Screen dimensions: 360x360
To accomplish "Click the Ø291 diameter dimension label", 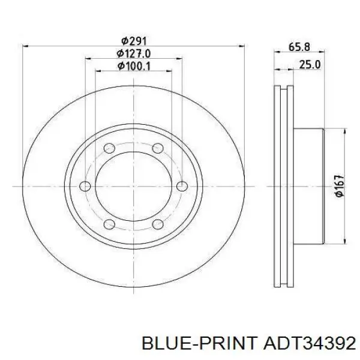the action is click(134, 41).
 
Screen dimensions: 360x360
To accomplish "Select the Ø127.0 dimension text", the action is click(133, 54).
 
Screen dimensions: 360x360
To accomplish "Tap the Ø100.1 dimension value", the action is click(134, 66).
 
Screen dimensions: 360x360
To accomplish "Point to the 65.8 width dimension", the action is click(299, 47).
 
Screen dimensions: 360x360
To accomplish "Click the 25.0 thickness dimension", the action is click(310, 65).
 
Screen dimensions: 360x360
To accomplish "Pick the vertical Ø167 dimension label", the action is click(340, 186).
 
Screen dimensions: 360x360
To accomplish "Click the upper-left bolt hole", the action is click(109, 148).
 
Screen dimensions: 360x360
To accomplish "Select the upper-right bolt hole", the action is click(158, 148).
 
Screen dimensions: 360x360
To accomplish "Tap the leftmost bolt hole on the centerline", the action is click(85, 186).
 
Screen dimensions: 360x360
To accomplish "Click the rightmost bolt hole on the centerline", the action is click(182, 186).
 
